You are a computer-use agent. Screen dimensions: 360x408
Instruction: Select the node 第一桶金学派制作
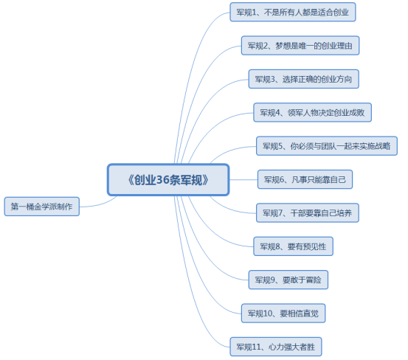pyautogui.click(x=41, y=207)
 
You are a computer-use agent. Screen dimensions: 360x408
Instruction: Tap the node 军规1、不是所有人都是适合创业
pyautogui.click(x=293, y=13)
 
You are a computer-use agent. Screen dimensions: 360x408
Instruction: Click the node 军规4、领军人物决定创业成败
pyautogui.click(x=312, y=113)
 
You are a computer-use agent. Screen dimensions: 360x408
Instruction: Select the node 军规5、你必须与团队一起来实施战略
pyautogui.click(x=326, y=146)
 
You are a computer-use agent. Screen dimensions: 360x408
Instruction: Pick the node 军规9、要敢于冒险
pyautogui.click(x=288, y=280)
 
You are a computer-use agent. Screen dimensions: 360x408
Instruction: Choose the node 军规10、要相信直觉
pyautogui.click(x=283, y=313)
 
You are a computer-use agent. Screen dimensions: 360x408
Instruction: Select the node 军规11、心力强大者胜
pyautogui.click(x=276, y=346)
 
